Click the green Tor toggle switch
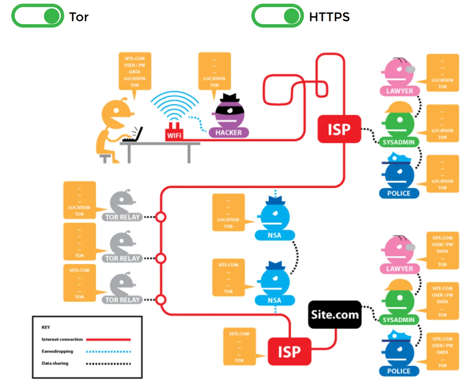(x=38, y=16)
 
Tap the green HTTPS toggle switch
(x=277, y=16)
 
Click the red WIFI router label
(x=174, y=135)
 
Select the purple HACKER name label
(x=229, y=132)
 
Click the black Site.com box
(x=335, y=315)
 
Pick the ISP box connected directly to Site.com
(x=289, y=352)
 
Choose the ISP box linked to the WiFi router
(x=339, y=129)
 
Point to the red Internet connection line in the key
(x=108, y=340)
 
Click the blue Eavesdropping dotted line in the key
(x=108, y=352)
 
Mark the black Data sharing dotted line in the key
(x=108, y=363)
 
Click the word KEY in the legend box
(x=46, y=327)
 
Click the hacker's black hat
(x=230, y=98)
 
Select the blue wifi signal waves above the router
(x=174, y=104)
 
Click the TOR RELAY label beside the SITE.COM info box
(x=122, y=300)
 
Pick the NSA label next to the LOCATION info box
(x=274, y=235)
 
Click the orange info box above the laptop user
(x=135, y=72)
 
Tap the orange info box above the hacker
(x=214, y=72)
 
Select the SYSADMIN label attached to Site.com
(x=399, y=320)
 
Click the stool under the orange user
(x=105, y=158)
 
